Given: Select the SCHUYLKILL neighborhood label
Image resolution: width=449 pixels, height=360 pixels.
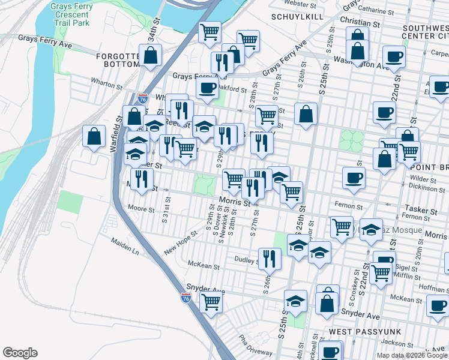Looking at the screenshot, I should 293,16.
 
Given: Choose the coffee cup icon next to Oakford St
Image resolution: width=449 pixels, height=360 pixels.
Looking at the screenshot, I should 208,88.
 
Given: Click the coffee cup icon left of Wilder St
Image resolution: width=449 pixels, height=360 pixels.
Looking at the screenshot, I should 354,177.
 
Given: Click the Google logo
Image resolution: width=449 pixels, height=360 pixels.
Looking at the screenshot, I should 20,353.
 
